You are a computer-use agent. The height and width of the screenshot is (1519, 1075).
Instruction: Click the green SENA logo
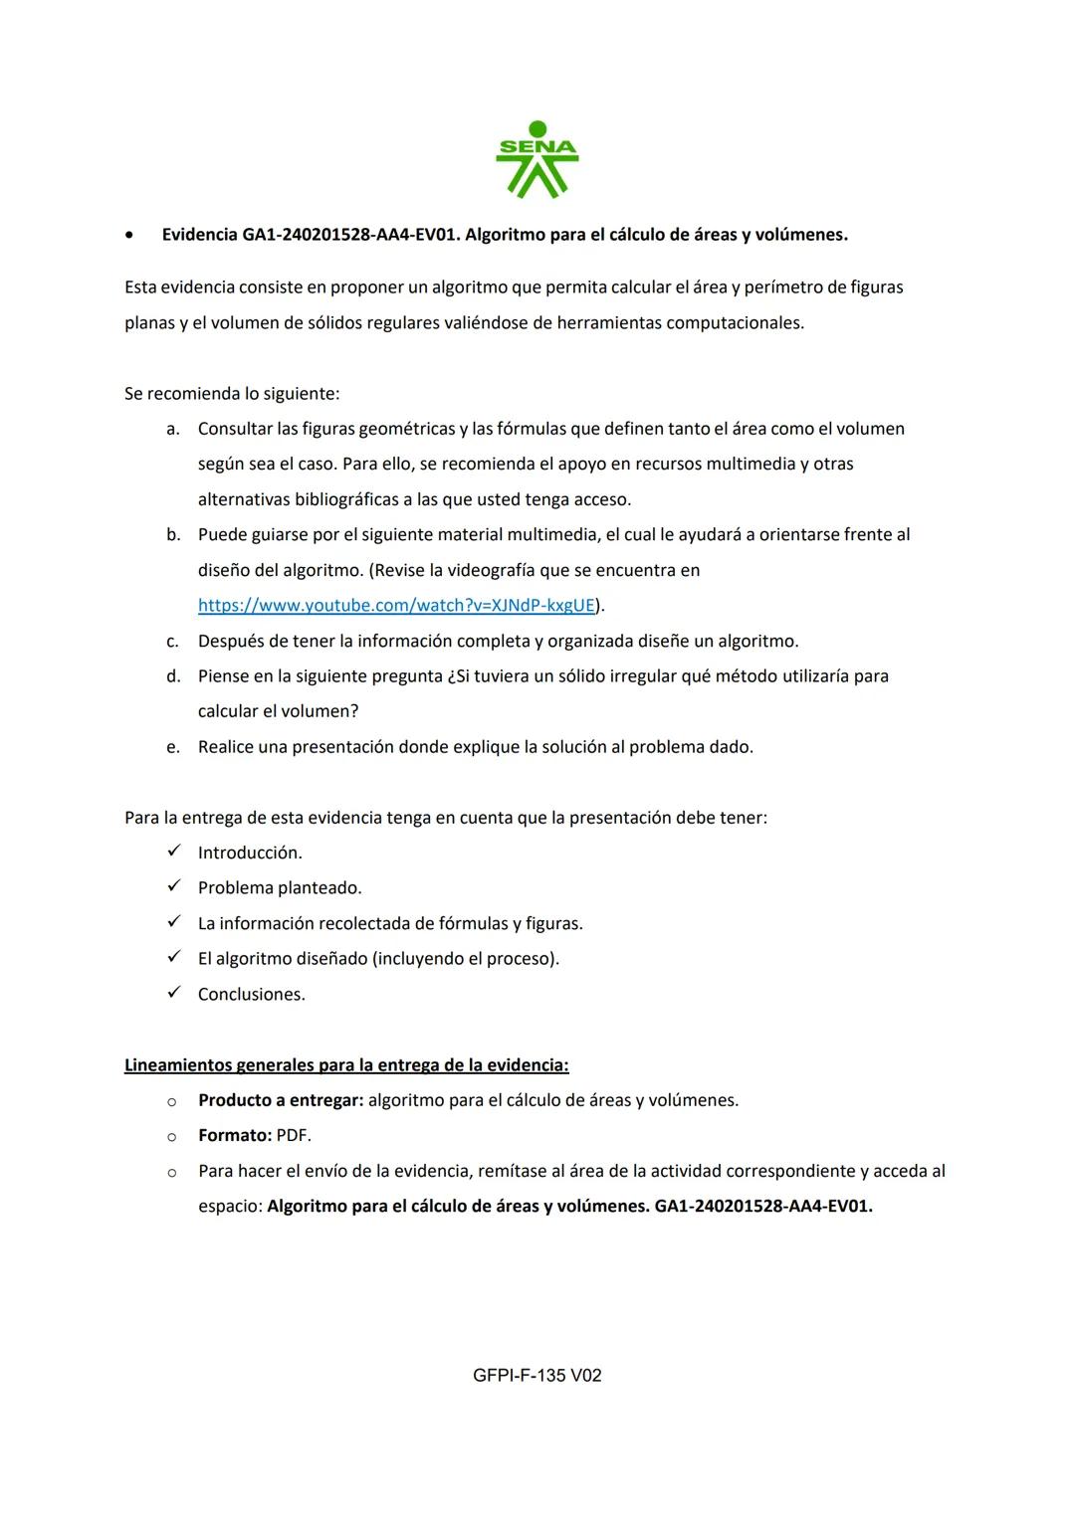click(x=537, y=159)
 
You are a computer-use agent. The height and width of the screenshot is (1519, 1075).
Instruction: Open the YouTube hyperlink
click(x=396, y=605)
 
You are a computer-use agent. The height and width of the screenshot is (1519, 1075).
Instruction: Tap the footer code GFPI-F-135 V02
click(x=537, y=1375)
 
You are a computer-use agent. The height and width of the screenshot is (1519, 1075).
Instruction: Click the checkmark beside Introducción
click(x=173, y=852)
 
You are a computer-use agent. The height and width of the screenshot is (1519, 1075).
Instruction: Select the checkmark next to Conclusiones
click(x=173, y=993)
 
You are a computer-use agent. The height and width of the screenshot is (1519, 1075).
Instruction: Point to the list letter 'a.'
click(x=173, y=429)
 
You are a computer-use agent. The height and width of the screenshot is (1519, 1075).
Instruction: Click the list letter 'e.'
click(x=173, y=747)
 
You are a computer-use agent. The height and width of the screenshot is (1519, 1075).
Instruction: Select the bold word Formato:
click(x=235, y=1135)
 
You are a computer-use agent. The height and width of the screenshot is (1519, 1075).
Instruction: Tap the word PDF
click(x=294, y=1135)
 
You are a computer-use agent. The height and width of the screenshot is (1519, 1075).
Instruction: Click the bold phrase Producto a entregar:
click(x=281, y=1100)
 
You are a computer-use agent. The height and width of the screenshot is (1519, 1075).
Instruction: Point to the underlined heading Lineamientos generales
click(x=346, y=1065)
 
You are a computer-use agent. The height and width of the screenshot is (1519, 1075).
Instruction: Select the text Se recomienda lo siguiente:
click(x=232, y=394)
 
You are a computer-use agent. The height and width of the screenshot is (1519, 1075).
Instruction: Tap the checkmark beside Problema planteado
click(x=173, y=886)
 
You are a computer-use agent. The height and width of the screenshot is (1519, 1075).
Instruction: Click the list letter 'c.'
click(x=173, y=642)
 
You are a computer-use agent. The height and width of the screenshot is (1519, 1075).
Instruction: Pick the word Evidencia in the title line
click(x=200, y=235)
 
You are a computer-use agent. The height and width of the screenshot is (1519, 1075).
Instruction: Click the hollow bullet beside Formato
click(x=171, y=1136)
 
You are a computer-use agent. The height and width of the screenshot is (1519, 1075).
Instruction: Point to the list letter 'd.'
click(x=173, y=676)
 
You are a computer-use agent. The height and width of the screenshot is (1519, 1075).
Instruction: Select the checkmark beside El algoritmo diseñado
click(x=173, y=957)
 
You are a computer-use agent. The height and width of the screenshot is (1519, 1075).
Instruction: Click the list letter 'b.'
click(x=173, y=535)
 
